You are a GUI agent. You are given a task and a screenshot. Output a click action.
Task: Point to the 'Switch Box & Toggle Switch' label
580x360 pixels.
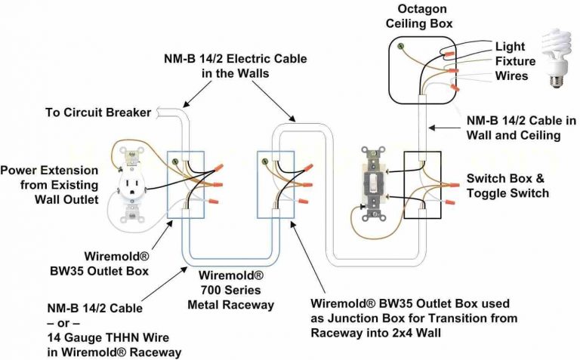coord(507,186)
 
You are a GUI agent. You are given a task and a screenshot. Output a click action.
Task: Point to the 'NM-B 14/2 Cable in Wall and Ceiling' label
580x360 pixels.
coord(521,128)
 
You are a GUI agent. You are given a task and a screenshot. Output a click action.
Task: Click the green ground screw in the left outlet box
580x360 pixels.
coord(176,161)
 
